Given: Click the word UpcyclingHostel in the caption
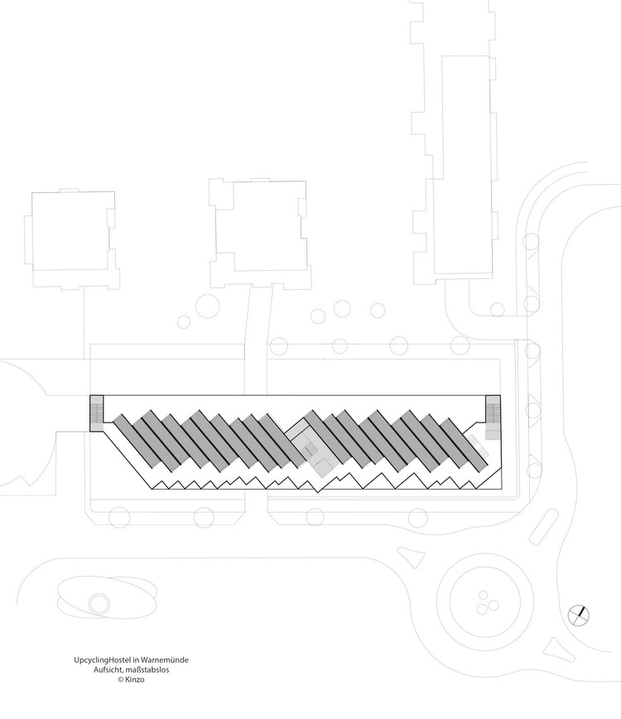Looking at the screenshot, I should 100,660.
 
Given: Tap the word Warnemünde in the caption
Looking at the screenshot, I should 172,660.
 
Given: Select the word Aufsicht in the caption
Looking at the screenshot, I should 111,669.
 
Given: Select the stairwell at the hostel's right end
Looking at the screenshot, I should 494,412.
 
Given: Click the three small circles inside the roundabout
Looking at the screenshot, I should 485,601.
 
